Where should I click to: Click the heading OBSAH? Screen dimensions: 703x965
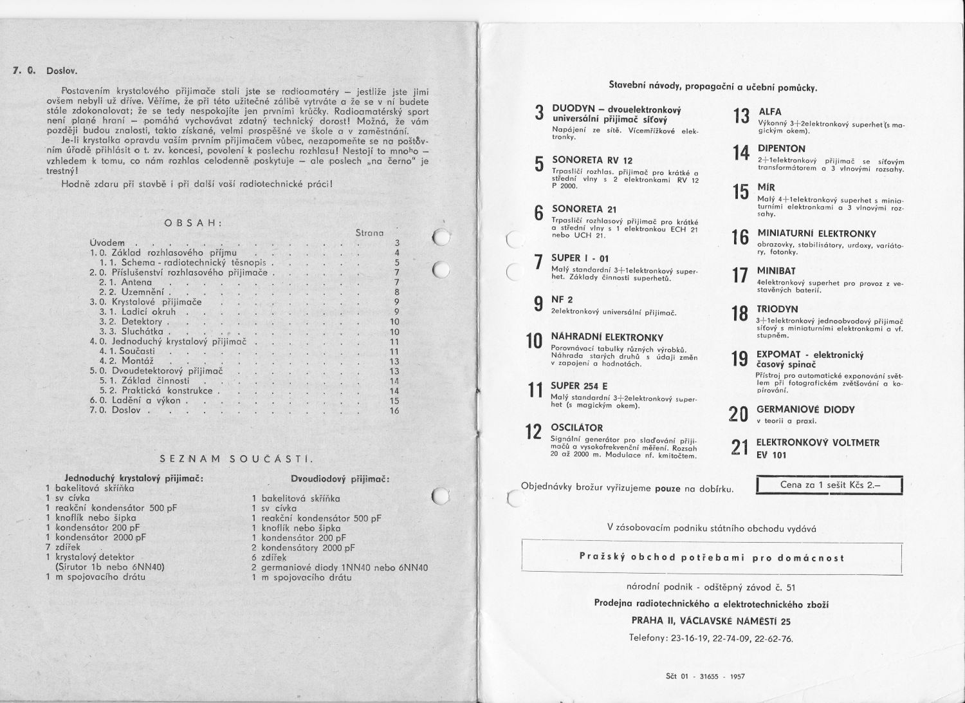click(193, 223)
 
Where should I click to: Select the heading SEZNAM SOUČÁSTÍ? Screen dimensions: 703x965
click(235, 459)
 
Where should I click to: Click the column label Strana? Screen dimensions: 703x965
click(369, 232)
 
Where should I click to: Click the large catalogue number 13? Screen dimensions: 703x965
click(741, 117)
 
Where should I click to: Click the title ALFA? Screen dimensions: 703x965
click(770, 112)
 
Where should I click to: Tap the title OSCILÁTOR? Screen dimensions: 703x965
click(577, 427)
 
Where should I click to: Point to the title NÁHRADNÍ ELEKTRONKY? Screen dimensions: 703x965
click(607, 337)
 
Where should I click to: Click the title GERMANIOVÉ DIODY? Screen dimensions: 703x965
click(805, 409)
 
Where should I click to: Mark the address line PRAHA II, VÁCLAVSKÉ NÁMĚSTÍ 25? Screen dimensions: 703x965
click(711, 621)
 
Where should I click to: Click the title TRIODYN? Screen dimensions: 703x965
click(777, 309)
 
